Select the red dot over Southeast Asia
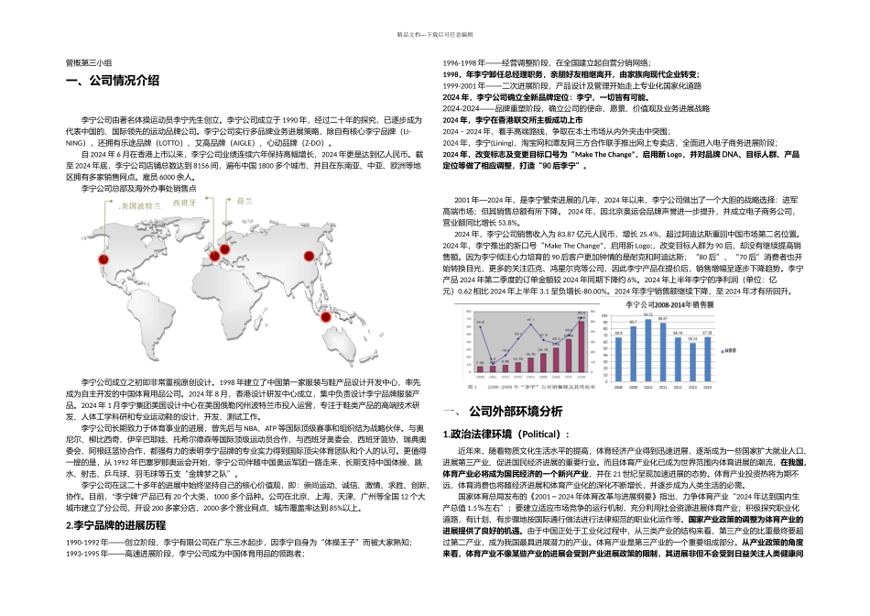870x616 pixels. [x=324, y=317]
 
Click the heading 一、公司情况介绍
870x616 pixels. [x=113, y=82]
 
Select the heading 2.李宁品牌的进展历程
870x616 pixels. [x=116, y=525]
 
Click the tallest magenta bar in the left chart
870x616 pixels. [x=580, y=346]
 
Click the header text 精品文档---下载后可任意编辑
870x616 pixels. [x=435, y=34]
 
